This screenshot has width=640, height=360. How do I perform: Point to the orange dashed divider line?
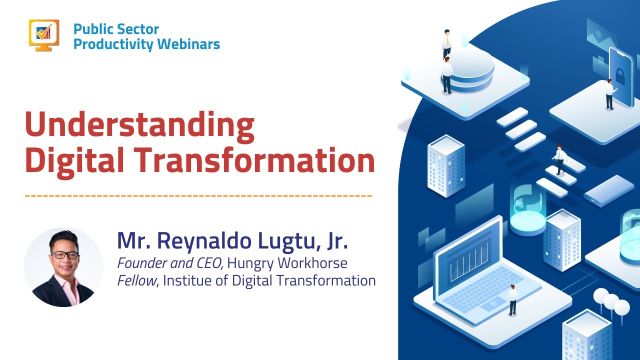click(x=198, y=195)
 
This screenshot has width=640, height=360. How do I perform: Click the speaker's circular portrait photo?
click(x=63, y=267)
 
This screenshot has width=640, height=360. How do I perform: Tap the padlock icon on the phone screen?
click(x=620, y=76)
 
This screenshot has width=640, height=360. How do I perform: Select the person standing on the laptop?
click(x=512, y=299)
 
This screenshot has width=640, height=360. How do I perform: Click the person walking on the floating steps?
click(x=559, y=159)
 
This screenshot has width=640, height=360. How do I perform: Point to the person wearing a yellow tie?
click(x=446, y=44)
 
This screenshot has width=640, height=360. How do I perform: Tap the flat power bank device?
click(x=608, y=190)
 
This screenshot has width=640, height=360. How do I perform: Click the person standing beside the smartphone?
click(x=609, y=93)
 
